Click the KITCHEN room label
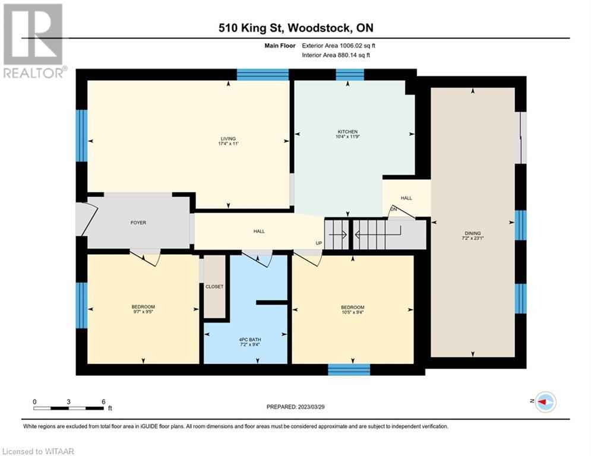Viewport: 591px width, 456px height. [x=347, y=132]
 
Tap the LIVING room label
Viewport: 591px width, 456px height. [x=228, y=139]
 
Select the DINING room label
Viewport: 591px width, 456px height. [x=473, y=233]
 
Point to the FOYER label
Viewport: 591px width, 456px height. [x=138, y=223]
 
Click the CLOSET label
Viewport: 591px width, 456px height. [x=214, y=287]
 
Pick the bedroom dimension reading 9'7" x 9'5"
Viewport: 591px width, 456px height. [x=143, y=312]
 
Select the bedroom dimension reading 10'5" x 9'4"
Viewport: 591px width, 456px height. [x=353, y=312]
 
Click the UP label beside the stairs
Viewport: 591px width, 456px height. [x=319, y=243]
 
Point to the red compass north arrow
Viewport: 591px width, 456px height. [x=543, y=402]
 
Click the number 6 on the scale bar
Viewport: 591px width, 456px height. [x=103, y=402]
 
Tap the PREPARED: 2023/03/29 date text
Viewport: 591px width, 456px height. [x=296, y=407]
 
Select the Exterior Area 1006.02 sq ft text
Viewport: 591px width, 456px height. [x=339, y=46]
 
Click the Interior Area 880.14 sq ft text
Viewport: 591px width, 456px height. [x=336, y=55]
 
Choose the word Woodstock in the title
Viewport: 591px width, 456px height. [x=320, y=28]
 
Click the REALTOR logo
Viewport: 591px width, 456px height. [x=33, y=41]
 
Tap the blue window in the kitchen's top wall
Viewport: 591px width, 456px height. [x=350, y=75]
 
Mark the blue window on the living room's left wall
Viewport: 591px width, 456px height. [x=82, y=135]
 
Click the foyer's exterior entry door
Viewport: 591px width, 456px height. [x=84, y=220]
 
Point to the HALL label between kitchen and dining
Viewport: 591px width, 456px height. [x=406, y=198]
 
